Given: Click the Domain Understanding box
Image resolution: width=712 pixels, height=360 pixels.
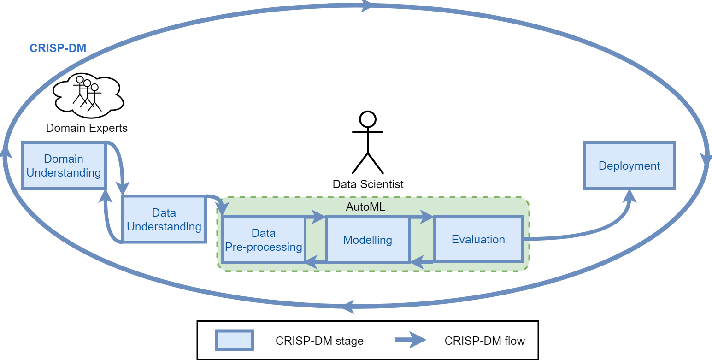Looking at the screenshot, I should point(64,165).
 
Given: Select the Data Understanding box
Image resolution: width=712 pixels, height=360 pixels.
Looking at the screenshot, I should point(164,219).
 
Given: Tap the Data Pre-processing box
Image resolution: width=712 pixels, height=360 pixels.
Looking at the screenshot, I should point(263,240).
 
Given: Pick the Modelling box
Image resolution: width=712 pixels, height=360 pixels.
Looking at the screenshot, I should point(367,240).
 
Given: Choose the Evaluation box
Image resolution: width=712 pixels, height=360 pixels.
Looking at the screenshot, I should point(478,240).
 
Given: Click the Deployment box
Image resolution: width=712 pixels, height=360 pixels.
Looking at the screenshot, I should point(629,165).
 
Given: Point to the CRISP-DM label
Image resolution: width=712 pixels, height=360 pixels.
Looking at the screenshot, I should point(58,48).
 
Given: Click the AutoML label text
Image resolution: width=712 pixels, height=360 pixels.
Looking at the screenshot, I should point(365,207).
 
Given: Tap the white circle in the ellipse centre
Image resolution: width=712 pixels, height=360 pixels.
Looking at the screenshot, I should point(367,119).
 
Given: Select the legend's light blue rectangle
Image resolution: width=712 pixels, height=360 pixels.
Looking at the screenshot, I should point(235,340).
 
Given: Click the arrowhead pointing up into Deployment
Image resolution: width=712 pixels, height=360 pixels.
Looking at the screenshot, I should point(630,196).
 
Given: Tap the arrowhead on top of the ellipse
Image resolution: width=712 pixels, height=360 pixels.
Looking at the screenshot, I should point(367,6).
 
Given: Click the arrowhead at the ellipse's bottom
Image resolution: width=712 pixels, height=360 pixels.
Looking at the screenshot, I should point(349,306).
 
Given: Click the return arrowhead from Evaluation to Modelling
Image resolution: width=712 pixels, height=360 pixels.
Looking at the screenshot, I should point(417,263).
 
